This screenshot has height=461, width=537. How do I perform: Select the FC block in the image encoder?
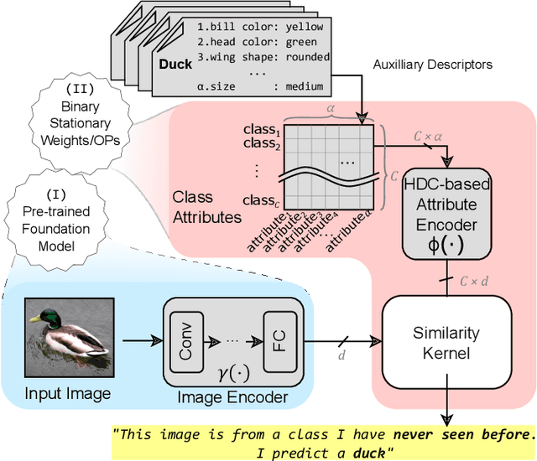click(x=278, y=341)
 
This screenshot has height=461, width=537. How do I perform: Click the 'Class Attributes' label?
click(x=205, y=206)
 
